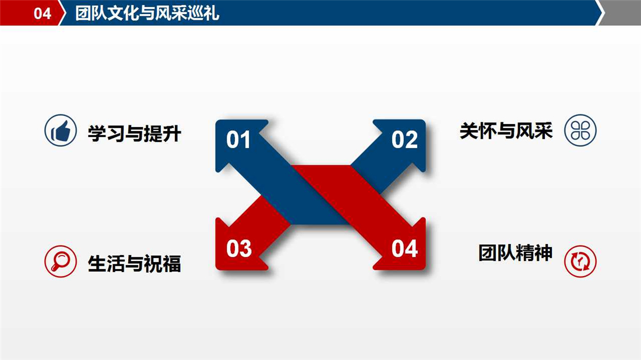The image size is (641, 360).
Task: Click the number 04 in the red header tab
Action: pos(42,13)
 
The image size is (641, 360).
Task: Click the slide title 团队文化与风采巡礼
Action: pos(147,13)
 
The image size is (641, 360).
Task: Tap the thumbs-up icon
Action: pos(61,130)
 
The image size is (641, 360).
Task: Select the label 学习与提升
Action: pos(134,133)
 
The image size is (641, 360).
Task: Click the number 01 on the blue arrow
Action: pos(238,140)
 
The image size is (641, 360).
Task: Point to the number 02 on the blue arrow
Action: pos(404,140)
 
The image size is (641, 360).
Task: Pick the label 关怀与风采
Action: pos(506,130)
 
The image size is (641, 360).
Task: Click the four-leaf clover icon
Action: pos(580,130)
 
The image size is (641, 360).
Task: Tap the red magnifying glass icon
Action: pos(61,262)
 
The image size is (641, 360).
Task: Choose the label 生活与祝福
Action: pos(134,263)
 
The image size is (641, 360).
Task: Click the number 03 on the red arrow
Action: pos(239,248)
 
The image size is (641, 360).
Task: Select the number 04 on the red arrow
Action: pos(404,248)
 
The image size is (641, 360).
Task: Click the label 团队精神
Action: pos(516,253)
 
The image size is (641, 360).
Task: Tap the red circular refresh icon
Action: pos(580,262)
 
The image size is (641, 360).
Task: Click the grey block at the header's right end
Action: pos(621,13)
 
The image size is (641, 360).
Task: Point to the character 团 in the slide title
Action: pos(83,13)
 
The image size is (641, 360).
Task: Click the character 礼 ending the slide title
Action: pos(212,13)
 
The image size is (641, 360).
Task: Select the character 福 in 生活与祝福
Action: pos(172,263)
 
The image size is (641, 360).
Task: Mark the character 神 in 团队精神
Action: pos(544,253)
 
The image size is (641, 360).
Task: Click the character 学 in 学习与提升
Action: pos(97,133)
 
